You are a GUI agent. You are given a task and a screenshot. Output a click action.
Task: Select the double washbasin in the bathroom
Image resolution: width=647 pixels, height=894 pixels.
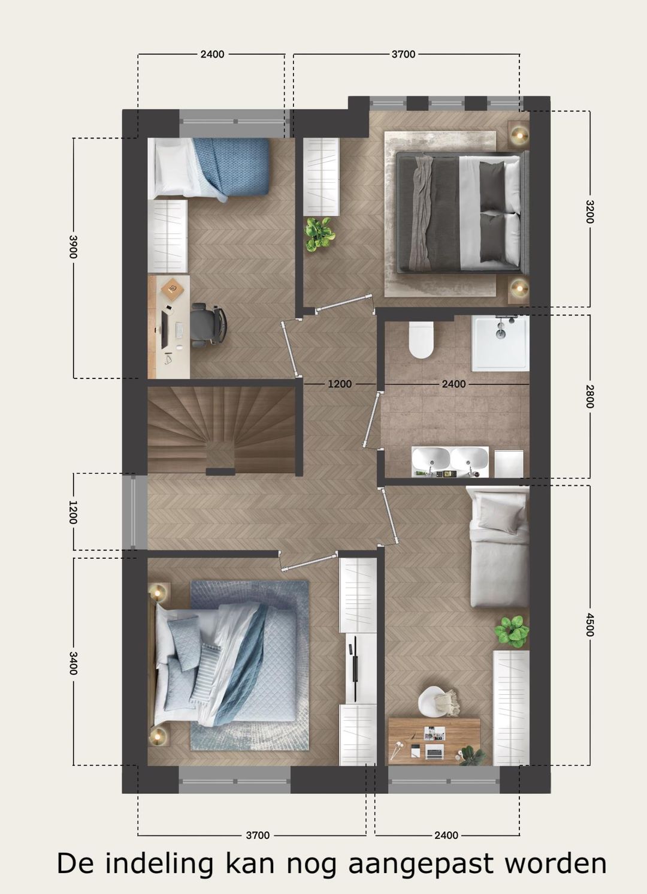pos(450,460)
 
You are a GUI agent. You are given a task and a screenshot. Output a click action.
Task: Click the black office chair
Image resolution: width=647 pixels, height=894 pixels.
pos(209,324)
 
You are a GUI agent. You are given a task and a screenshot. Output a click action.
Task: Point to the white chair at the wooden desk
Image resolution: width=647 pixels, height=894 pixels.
pos(435,700)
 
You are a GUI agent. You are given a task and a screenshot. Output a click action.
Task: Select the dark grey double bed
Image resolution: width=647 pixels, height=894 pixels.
pos(462,209)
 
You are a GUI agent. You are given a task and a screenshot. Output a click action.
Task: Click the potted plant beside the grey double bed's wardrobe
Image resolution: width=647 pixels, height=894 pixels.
pos(318,233)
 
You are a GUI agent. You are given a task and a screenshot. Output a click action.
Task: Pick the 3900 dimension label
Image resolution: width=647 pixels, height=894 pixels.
pos(73,246)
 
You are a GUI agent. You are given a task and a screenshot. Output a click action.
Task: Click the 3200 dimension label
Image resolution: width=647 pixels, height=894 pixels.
pos(589,211)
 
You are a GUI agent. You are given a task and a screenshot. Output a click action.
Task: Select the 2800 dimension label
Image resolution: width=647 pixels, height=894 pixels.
pos(589,396)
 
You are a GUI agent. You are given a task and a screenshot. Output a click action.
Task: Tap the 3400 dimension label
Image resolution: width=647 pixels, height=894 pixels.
pos(73,663)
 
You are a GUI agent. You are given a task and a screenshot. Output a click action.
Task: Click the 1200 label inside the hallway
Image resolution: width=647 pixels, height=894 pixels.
pos(340,384)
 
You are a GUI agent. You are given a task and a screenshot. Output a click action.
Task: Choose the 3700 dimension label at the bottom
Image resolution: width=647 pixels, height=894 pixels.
pos(258,835)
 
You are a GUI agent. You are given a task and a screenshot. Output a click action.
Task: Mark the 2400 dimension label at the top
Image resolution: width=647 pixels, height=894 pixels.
pos(212,55)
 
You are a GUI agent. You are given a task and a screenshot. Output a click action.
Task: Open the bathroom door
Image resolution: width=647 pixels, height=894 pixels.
pos(373,420)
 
